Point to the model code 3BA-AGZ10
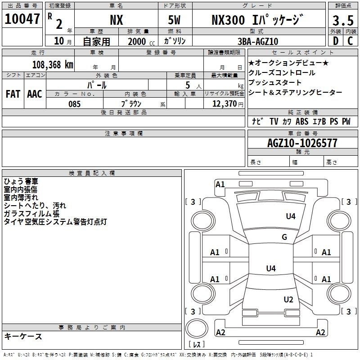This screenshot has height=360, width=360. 258,41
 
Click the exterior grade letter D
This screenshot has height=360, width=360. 335,41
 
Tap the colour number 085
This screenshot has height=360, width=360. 74,104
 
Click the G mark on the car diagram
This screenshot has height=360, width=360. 284,237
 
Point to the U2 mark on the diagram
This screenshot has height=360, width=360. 288,300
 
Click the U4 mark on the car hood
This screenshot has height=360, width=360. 291,216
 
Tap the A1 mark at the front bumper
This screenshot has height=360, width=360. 220,184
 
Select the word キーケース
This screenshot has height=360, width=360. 23,336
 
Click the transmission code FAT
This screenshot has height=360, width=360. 13,94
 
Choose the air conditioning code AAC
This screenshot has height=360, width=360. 35,94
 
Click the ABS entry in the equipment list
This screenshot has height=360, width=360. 302,121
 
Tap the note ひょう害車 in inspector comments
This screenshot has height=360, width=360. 21,181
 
